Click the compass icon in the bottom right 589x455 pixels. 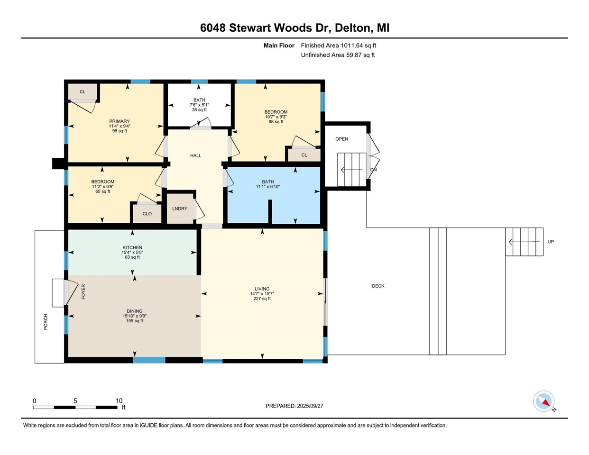[x=543, y=401]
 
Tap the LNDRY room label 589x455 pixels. [x=180, y=209]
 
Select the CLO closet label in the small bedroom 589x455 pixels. [x=147, y=214]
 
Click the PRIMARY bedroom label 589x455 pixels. [x=119, y=121]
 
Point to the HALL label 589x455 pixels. [x=196, y=155]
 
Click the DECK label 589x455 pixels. [x=378, y=286]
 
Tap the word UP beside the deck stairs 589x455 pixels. [x=551, y=242]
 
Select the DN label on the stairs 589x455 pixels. [x=373, y=170]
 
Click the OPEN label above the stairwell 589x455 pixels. [x=341, y=139]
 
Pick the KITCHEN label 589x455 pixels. [x=132, y=247]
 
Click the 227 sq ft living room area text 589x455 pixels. [x=262, y=299]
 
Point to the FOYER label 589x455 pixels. [x=83, y=291]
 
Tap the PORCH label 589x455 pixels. [x=46, y=322]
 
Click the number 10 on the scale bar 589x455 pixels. [x=119, y=401]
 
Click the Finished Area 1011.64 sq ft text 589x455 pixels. [x=338, y=45]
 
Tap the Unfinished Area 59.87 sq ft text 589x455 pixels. [x=338, y=55]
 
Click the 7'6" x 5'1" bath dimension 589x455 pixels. [x=199, y=105]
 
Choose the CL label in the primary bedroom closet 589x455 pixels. [x=83, y=91]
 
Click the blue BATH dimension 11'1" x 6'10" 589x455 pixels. [x=268, y=187]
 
